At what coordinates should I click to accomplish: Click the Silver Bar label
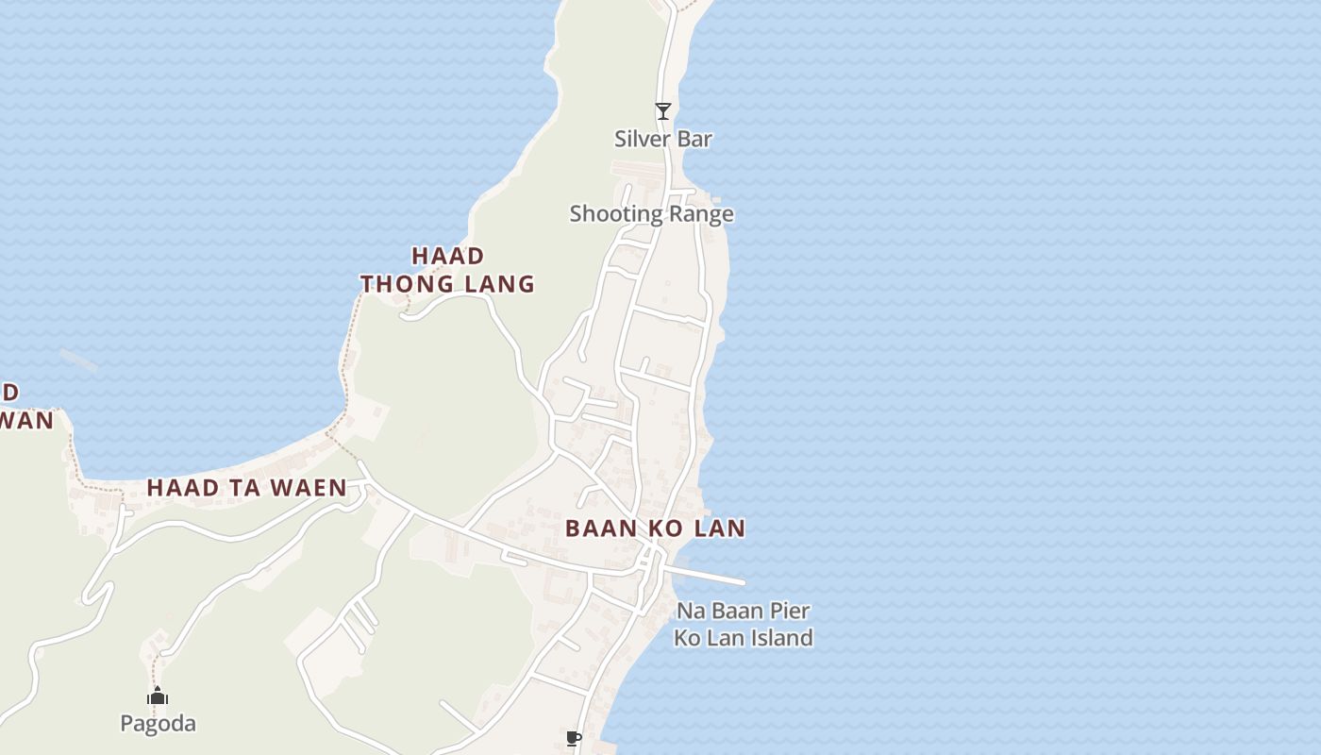pos(662,139)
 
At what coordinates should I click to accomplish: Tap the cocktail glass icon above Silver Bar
pos(663,111)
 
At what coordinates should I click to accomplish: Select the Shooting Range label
pos(651,214)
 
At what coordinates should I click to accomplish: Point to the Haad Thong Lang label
pos(448,269)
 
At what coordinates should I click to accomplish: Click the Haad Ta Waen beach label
pos(246,488)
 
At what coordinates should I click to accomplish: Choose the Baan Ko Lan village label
pos(655,528)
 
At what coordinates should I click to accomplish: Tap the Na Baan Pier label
pos(743,611)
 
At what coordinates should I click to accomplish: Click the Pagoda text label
pos(158,724)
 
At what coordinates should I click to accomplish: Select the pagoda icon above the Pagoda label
pos(158,696)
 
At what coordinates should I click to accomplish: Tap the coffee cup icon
pos(573,738)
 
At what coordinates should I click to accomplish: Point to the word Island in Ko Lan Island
pos(778,638)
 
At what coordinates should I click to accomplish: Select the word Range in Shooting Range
pos(699,214)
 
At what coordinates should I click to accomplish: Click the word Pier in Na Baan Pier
pos(791,611)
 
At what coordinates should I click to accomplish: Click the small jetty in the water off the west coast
pos(77,360)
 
